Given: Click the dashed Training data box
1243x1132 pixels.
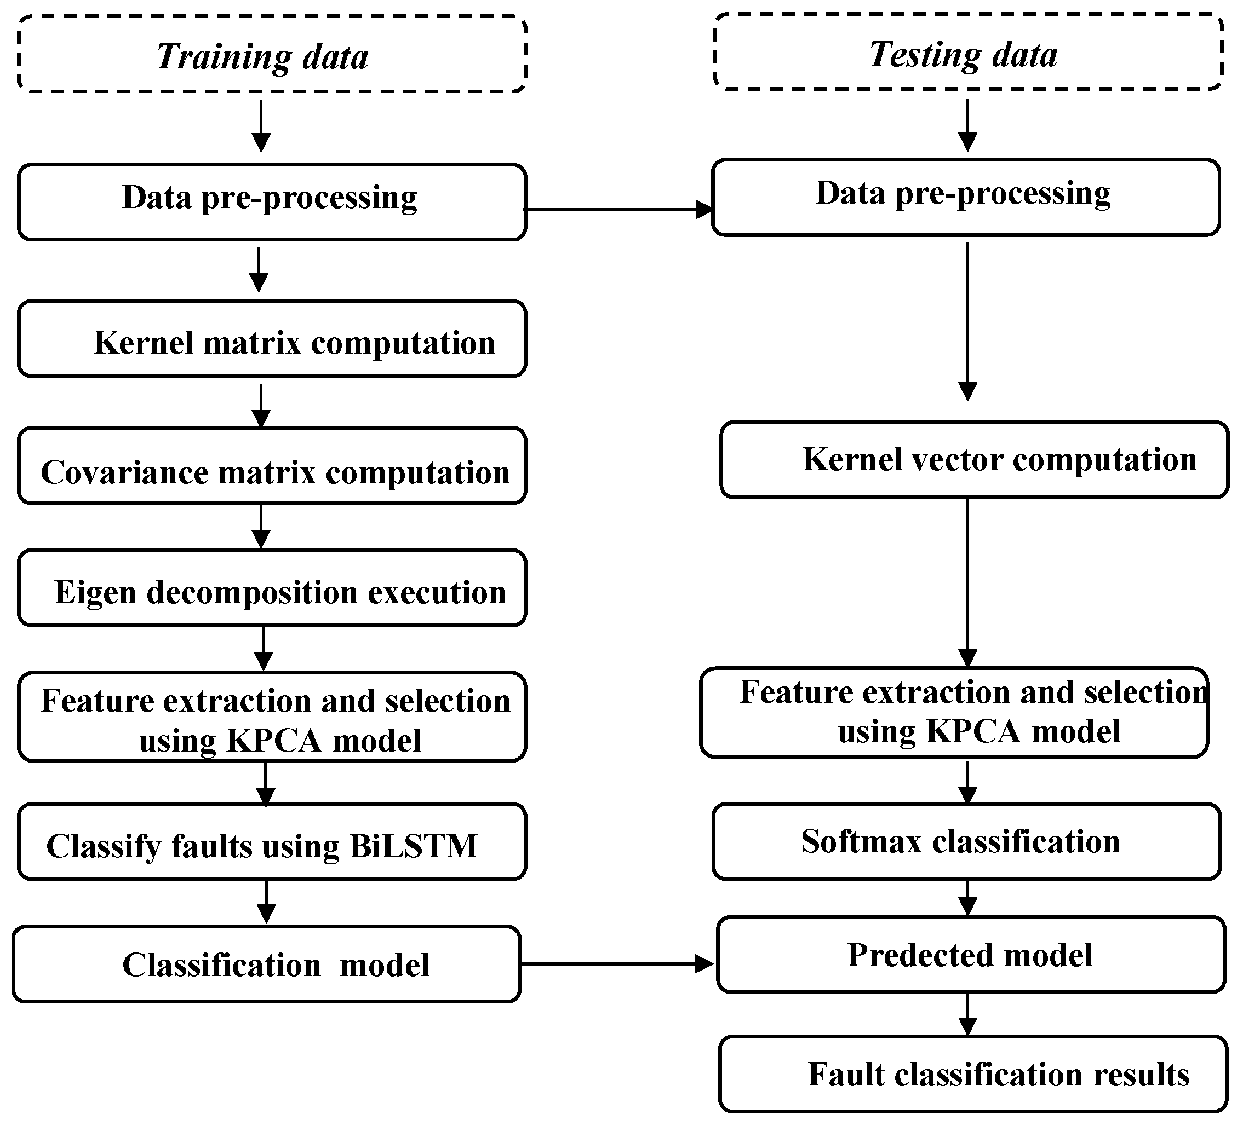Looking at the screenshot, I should pos(271,54).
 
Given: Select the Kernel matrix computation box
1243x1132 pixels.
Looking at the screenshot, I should pos(271,338).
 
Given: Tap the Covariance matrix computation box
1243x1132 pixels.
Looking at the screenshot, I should pos(271,466).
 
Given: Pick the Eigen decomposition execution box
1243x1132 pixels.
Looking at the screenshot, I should pos(271,588).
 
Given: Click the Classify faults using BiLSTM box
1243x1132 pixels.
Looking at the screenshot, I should pos(271,842).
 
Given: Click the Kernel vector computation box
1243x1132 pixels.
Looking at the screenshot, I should pos(974,460).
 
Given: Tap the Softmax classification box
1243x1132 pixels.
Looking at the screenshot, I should pos(966,842).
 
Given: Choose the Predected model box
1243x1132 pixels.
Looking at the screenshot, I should pos(970,955).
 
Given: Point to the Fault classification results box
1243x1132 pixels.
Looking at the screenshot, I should pos(973,1075).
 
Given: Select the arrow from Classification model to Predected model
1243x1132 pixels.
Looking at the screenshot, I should pos(616,964).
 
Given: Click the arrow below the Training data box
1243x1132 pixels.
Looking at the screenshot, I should pos(261,126).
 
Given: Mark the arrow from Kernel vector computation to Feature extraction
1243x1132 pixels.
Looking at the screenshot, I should pos(967,582).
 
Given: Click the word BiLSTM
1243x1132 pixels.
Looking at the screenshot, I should pos(413,846).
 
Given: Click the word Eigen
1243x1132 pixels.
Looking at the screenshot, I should pos(95,592).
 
